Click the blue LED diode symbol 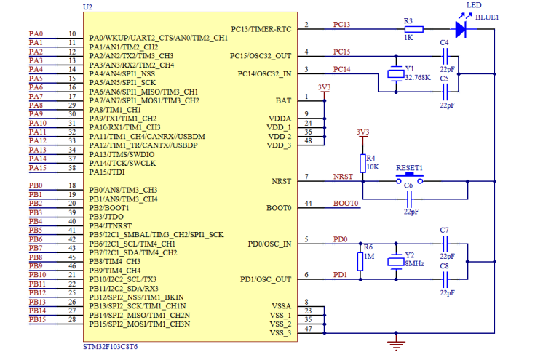click(x=461, y=29)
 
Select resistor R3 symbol click(x=413, y=29)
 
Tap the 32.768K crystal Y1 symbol click(x=396, y=73)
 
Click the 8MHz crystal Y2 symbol click(x=396, y=262)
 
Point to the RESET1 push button click(x=409, y=179)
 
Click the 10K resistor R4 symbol click(x=362, y=164)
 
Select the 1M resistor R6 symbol click(x=360, y=262)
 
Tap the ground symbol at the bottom click(x=396, y=343)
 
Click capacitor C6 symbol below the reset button click(x=409, y=199)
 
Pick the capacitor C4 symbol click(x=445, y=56)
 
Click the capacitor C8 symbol click(x=445, y=279)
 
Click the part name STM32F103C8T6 click(x=110, y=347)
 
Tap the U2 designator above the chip click(x=87, y=7)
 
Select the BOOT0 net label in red click(x=346, y=204)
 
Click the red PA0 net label click(x=36, y=33)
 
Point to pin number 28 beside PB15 click(x=72, y=319)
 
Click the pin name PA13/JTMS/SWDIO click(x=122, y=154)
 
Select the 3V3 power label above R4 click(x=362, y=132)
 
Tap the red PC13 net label click(x=341, y=25)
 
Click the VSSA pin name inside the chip click(x=282, y=305)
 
